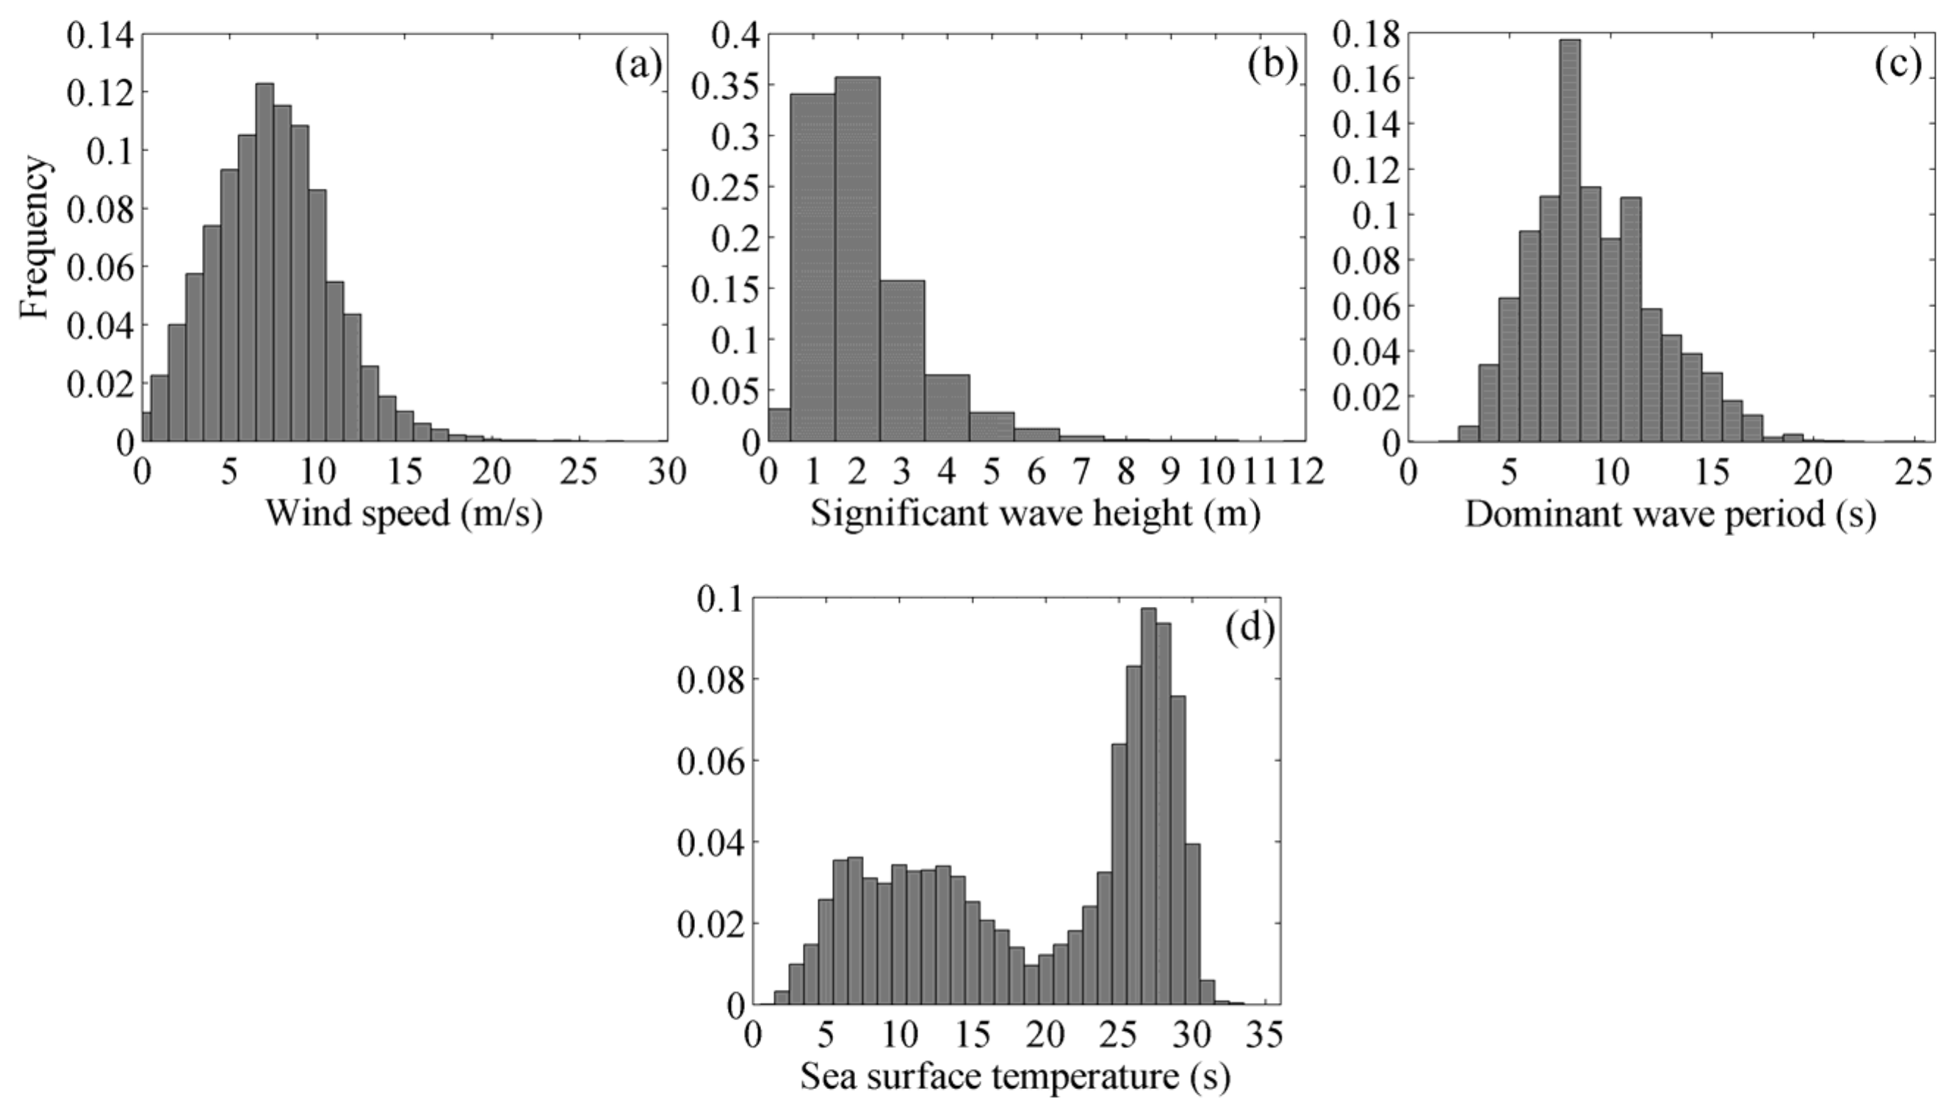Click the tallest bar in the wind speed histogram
[264, 262]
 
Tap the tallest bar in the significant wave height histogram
[857, 259]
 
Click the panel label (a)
[638, 66]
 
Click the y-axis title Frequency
[35, 237]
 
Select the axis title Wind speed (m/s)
[403, 514]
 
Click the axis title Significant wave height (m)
[1035, 514]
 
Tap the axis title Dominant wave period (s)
[1670, 514]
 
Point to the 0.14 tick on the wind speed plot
[100, 35]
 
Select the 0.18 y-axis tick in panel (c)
[1366, 35]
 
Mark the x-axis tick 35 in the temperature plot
[1263, 1036]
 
